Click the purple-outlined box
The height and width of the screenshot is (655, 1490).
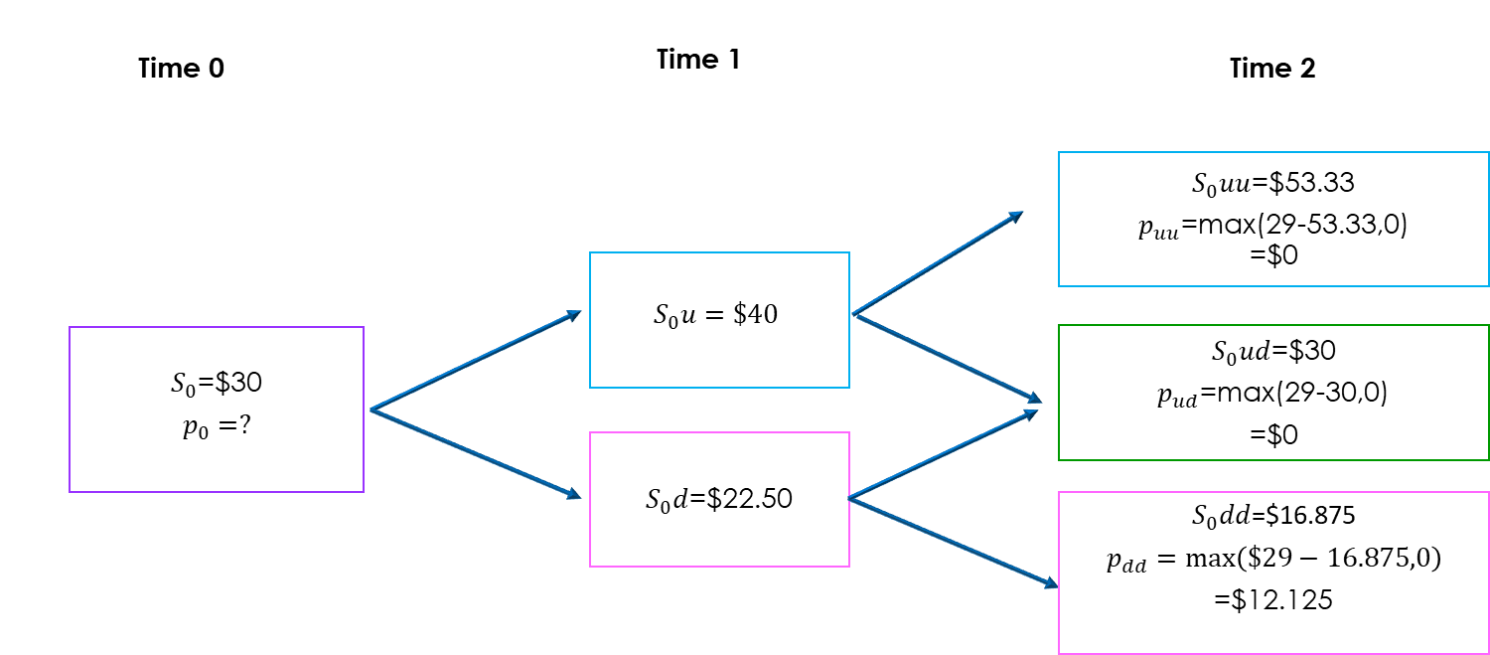click(217, 409)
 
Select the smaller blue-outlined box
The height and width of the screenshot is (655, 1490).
click(719, 319)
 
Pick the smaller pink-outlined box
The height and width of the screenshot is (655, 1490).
click(719, 499)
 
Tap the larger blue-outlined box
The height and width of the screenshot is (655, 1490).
click(1273, 219)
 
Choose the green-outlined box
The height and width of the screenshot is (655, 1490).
click(1273, 392)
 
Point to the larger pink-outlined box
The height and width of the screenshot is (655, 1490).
click(1273, 573)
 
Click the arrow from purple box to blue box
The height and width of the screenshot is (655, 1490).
click(475, 361)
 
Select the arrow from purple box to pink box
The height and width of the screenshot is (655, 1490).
click(475, 453)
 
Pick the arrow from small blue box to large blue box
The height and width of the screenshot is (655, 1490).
click(937, 263)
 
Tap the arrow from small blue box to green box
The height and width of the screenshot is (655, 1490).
click(946, 358)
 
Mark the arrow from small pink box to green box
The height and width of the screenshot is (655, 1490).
click(943, 454)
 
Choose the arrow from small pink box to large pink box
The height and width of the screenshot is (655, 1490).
click(953, 543)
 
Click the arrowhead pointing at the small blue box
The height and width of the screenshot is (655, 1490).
click(575, 314)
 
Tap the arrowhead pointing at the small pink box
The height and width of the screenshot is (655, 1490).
click(574, 494)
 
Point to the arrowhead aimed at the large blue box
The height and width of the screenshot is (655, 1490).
click(1017, 215)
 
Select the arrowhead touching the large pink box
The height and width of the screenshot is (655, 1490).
click(1052, 584)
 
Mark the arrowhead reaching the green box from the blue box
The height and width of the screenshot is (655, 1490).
click(1035, 400)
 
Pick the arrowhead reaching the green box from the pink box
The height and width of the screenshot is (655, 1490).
click(1031, 412)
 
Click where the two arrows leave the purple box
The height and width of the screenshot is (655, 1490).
click(371, 409)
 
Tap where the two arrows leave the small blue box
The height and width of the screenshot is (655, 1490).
click(853, 314)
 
